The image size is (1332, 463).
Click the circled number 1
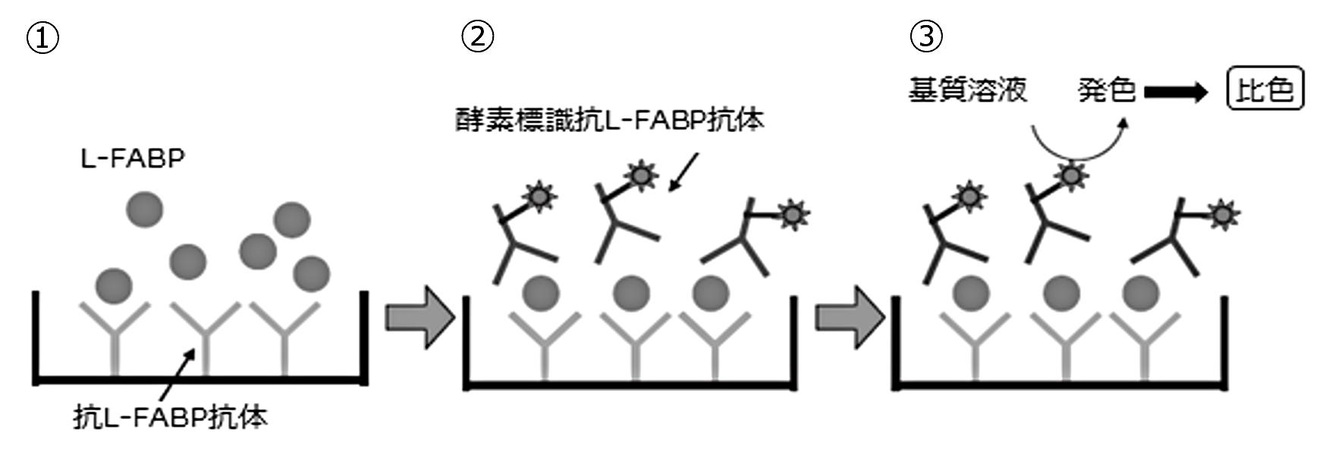coord(42,38)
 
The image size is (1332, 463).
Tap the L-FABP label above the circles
coord(134,159)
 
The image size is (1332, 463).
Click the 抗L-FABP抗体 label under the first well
coord(171,417)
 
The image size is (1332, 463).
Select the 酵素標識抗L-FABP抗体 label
coord(609,120)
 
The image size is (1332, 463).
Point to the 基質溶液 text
coord(968,90)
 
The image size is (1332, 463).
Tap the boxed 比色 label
coord(1264,90)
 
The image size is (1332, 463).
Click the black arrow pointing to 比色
coord(1176,93)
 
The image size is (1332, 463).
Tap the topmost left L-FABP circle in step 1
coord(144,209)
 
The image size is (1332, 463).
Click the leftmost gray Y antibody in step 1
coord(115,334)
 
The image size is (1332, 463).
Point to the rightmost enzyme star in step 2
coord(793,215)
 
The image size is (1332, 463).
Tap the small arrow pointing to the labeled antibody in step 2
coord(685,172)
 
